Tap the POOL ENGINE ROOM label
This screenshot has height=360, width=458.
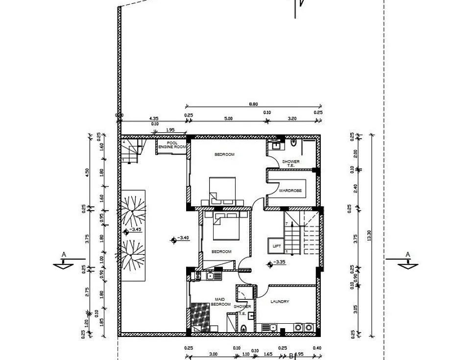(172, 145)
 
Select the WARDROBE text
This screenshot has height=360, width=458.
(290, 191)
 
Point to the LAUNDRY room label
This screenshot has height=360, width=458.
(280, 302)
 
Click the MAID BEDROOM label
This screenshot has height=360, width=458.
(220, 302)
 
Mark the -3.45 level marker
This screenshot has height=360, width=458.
(133, 229)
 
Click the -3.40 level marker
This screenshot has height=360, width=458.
(181, 238)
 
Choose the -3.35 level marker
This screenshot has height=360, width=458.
(277, 263)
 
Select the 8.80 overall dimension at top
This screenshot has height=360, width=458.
(253, 103)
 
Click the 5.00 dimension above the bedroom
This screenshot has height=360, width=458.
(228, 119)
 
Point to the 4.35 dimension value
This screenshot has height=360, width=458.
(154, 119)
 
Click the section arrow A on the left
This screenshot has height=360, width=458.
(63, 262)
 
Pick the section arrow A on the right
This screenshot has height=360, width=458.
(407, 262)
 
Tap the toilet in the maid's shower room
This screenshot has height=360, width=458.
(243, 329)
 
